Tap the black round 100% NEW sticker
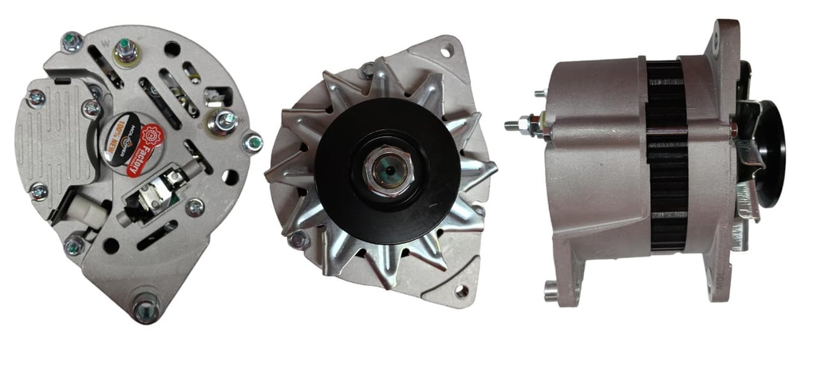pyautogui.click(x=121, y=143)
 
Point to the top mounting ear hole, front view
pyautogui.click(x=443, y=52)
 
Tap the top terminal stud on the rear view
pyautogui.click(x=125, y=52)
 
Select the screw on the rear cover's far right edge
pyautogui.click(x=253, y=143)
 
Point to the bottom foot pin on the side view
pyautogui.click(x=551, y=292)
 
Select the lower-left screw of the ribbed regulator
pyautogui.click(x=37, y=191)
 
